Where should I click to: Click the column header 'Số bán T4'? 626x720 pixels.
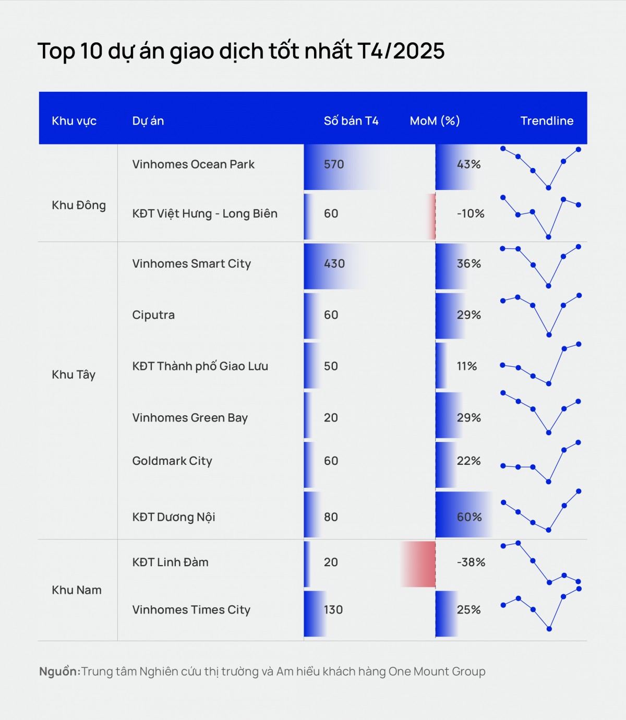(x=351, y=121)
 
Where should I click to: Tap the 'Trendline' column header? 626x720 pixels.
(x=547, y=121)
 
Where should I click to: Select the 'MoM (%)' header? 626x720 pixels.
(x=435, y=121)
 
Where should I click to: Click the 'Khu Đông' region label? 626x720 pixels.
(x=79, y=206)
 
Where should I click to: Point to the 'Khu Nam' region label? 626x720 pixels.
(x=77, y=590)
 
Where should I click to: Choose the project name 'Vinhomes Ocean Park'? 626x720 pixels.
(x=193, y=164)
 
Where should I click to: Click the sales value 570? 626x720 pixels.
(x=334, y=164)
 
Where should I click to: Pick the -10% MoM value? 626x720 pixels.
(x=471, y=213)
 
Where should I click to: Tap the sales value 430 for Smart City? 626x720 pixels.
(x=334, y=263)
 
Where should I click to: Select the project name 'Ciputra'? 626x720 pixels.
(x=153, y=315)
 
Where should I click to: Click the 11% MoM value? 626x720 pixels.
(x=467, y=366)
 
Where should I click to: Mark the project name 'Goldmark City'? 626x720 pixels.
(x=172, y=461)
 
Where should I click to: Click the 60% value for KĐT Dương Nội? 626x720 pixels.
(x=469, y=517)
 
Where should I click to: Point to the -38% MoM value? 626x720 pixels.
(x=471, y=562)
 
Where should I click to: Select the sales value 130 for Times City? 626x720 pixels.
(x=333, y=610)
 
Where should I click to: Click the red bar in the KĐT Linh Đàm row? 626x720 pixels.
(x=418, y=564)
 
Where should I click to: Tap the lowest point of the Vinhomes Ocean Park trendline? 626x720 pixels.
(x=548, y=188)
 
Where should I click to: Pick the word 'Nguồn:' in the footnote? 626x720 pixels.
(x=59, y=671)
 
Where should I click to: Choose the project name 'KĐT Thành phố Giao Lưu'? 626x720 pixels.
(x=200, y=366)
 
